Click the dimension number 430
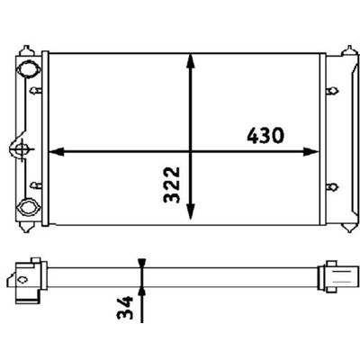coord(265,136)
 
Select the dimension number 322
coord(172,184)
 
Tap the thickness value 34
coord(125,307)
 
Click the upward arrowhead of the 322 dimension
coord(191,61)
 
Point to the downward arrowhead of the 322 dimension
coord(191,211)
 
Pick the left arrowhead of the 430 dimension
coord(57,152)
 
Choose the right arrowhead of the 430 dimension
coord(310,152)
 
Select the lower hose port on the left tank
coord(29,207)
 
